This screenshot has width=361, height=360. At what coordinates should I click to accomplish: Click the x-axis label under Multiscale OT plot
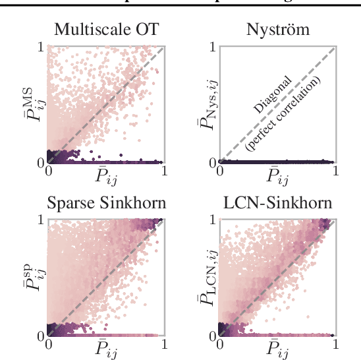105,175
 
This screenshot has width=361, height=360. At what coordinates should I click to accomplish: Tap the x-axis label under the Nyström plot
278,175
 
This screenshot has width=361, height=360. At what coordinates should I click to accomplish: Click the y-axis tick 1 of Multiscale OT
42,48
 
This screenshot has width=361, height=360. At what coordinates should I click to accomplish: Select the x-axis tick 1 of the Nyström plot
336,171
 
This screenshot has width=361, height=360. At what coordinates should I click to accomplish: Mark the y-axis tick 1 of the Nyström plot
213,48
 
